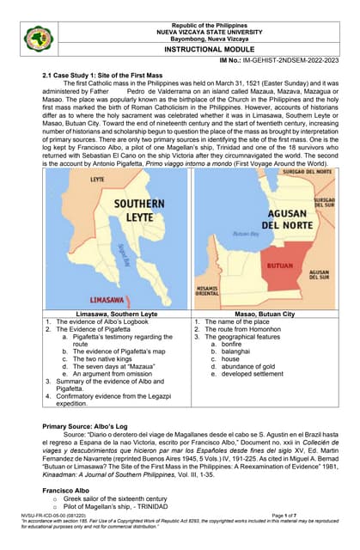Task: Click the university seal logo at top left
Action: coord(38,38)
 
